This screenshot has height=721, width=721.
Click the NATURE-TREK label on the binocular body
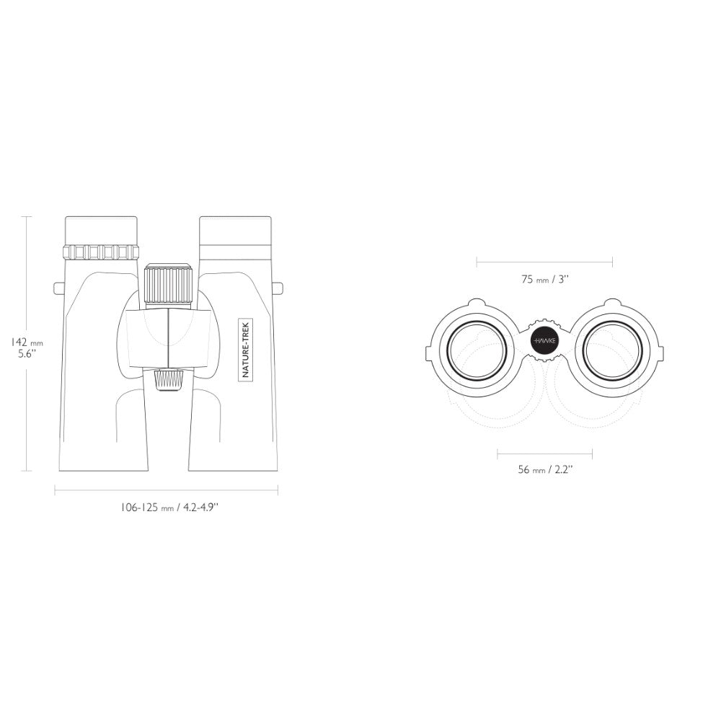click(245, 350)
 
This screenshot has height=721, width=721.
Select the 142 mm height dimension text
click(27, 342)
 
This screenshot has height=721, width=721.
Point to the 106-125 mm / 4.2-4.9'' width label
click(169, 508)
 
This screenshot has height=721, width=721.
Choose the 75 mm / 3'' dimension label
click(545, 279)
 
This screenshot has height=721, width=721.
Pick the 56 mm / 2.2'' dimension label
click(545, 469)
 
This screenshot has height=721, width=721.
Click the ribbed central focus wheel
click(168, 284)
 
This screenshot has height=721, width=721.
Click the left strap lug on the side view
click(60, 288)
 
